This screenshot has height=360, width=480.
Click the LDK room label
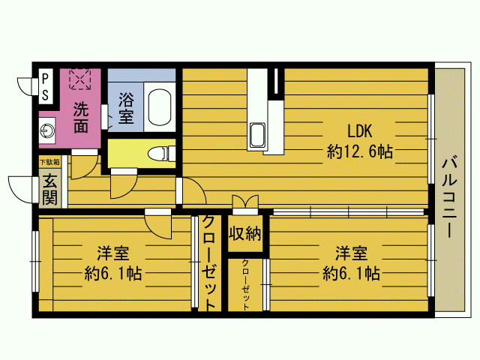pos(360,131)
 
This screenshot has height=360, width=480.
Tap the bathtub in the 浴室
pos(160,106)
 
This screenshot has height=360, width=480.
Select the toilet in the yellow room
pos(161,154)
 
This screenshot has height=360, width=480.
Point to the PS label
pos(45,87)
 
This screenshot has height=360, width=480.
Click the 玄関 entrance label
pos(49,190)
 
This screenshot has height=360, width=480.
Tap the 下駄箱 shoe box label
pos(49,162)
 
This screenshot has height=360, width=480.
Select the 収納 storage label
pos(245,234)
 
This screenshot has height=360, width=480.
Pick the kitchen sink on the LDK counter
pos(257,135)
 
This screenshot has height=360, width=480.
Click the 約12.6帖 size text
pos(360,151)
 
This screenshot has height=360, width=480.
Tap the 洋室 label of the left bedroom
pos(113,253)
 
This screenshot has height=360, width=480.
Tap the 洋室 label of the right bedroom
pos(351,253)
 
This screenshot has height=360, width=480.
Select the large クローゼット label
pos(209,262)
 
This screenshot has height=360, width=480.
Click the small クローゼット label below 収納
pos(245,285)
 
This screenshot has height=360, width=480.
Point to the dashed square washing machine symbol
pos(80,79)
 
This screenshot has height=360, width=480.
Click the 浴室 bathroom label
pos(126,108)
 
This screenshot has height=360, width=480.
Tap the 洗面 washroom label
pos(81,117)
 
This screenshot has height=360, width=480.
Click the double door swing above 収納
pos(245,202)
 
